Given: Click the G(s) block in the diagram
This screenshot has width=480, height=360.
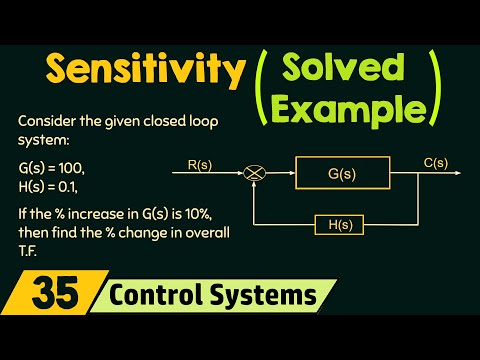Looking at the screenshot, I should pyautogui.click(x=341, y=172).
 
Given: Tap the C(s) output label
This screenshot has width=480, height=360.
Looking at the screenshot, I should pyautogui.click(x=434, y=157).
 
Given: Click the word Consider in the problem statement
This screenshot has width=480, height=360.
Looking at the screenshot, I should pyautogui.click(x=46, y=121).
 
